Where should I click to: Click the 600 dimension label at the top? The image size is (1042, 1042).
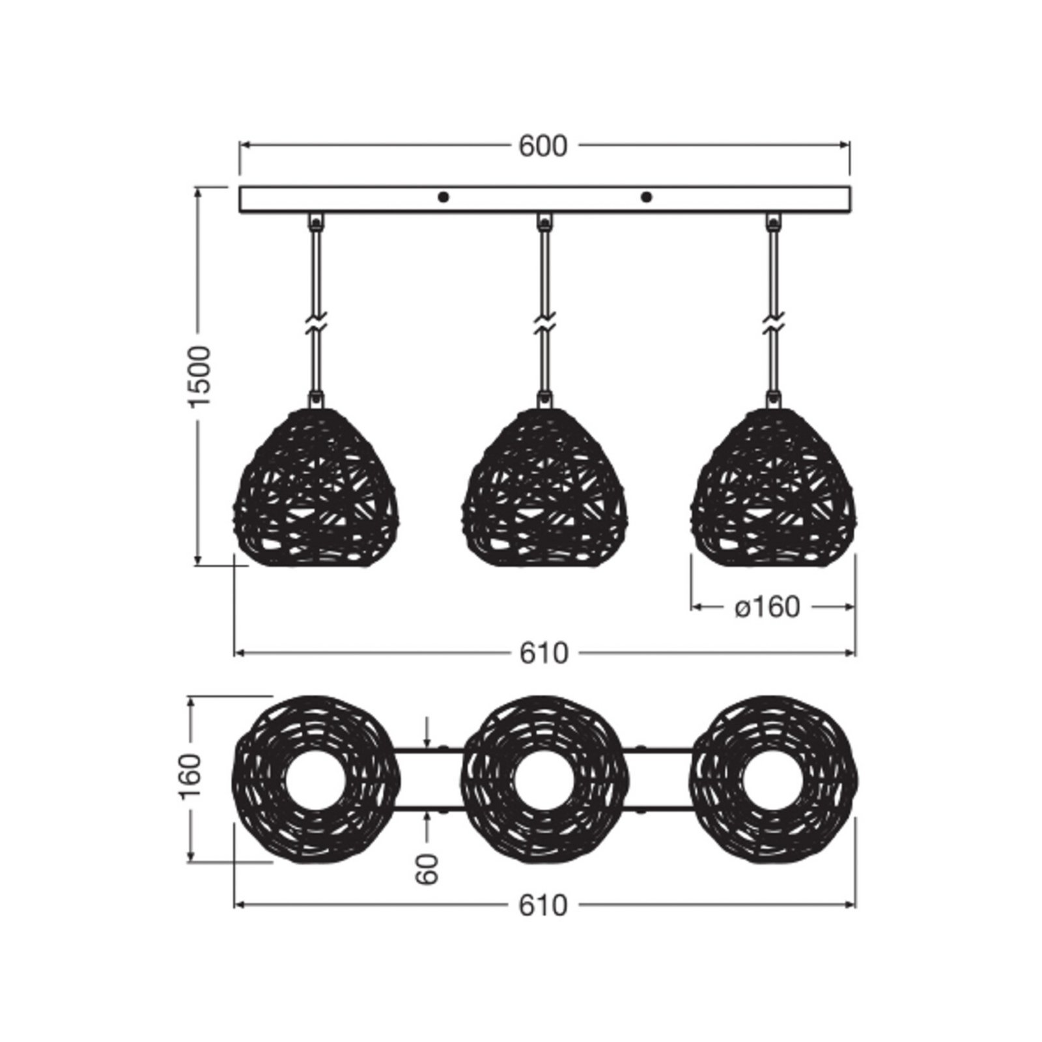543,147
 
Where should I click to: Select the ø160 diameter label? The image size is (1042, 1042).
767,607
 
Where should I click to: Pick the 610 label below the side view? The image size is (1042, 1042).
544,653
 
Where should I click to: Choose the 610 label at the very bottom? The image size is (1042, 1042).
544,905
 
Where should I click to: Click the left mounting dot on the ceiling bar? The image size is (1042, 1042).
443,197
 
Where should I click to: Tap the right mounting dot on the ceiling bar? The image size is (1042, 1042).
646,197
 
